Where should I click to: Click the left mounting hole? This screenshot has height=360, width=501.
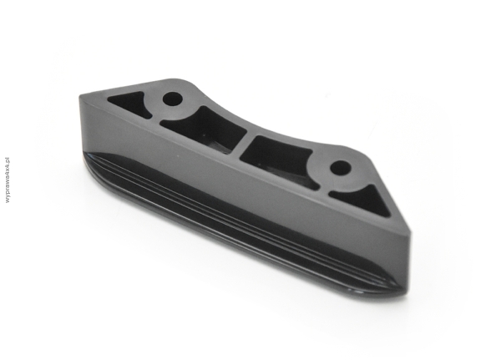pyautogui.click(x=173, y=99)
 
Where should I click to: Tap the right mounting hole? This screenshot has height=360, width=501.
pyautogui.click(x=341, y=168)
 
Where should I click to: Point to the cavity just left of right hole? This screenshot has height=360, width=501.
pyautogui.click(x=278, y=157)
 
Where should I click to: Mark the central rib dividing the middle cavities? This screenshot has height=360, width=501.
pyautogui.click(x=244, y=143)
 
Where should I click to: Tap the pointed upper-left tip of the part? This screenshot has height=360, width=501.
pyautogui.click(x=80, y=96)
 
